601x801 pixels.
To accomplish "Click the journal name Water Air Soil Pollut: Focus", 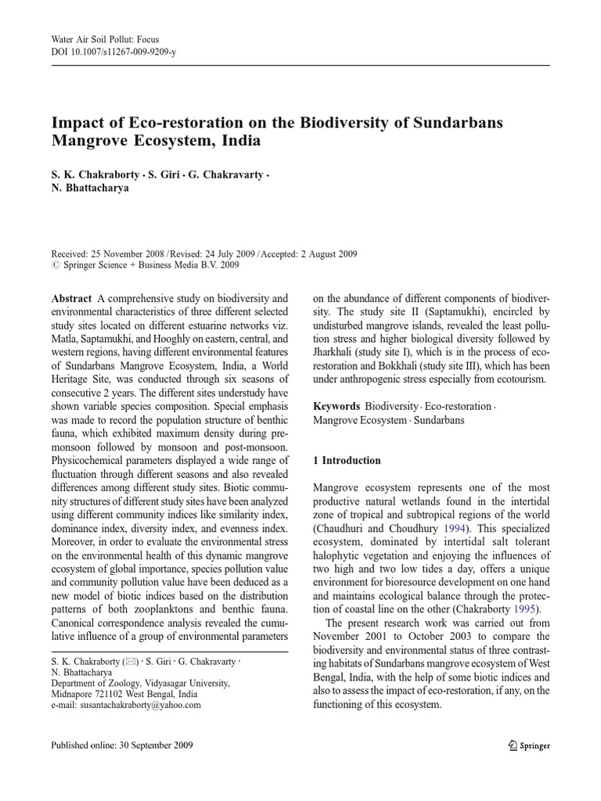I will [98, 39].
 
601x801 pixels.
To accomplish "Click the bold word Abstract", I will [71, 299].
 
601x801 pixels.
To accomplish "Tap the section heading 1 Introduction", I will [347, 461].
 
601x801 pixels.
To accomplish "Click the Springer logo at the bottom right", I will [528, 745].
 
